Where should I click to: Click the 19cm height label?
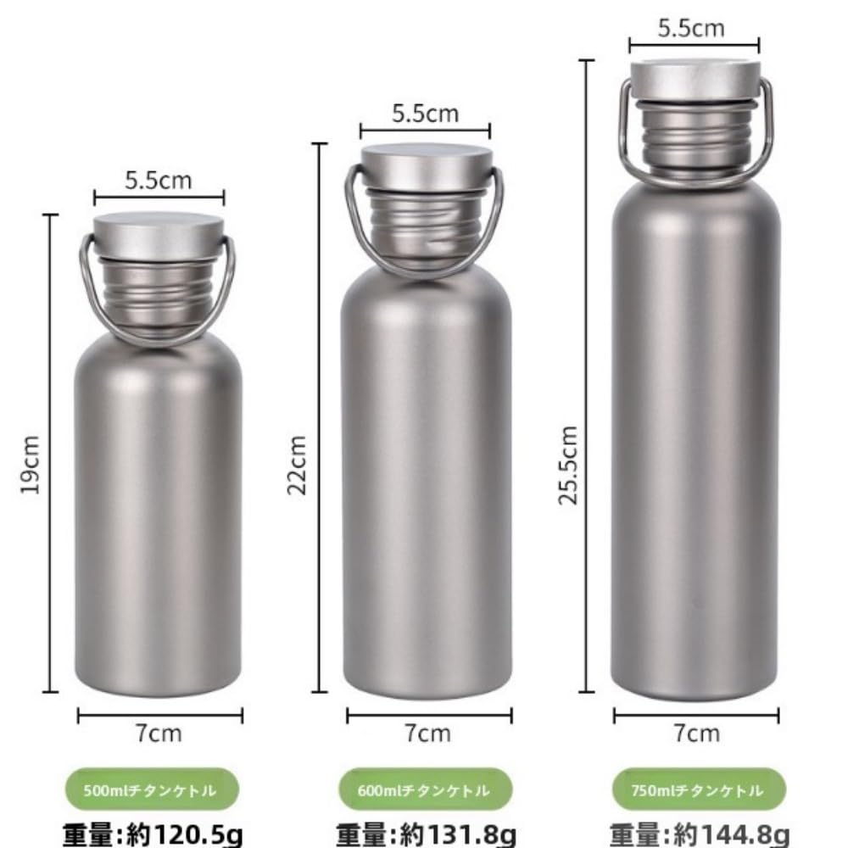click(31, 465)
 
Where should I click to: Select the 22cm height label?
click(296, 465)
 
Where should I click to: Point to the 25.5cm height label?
click(568, 465)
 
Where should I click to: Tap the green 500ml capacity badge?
click(152, 790)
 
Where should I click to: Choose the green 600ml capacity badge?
click(425, 790)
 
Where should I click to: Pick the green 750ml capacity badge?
click(698, 790)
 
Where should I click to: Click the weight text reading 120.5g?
click(153, 835)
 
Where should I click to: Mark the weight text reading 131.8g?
click(427, 835)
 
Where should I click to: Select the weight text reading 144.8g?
click(700, 835)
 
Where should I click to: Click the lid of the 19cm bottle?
click(159, 237)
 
